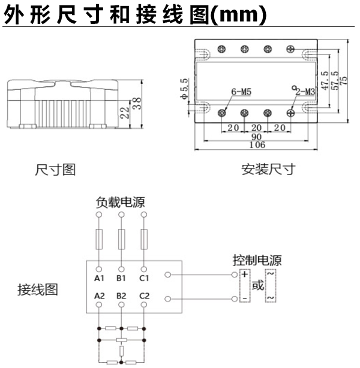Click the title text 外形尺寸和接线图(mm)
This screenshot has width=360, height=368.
(134, 15)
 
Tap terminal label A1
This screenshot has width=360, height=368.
(100, 278)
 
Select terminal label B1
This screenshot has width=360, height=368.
(121, 278)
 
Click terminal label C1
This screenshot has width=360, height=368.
(144, 278)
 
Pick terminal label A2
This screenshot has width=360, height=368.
(100, 295)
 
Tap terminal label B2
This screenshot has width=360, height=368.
(121, 295)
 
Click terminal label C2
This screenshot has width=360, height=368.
(144, 295)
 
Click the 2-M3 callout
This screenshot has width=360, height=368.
(304, 91)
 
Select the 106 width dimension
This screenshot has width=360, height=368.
(255, 144)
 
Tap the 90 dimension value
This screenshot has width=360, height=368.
(255, 136)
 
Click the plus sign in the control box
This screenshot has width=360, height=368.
(245, 275)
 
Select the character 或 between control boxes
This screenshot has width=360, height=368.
(257, 285)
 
